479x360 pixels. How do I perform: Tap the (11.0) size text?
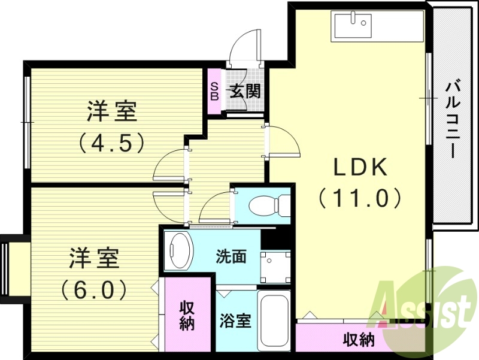359,197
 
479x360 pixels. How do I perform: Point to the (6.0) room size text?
93,290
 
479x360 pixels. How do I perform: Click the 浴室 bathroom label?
235,320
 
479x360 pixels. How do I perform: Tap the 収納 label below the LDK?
359,340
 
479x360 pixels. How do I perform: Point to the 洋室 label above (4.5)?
112,112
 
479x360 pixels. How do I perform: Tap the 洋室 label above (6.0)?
94,259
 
